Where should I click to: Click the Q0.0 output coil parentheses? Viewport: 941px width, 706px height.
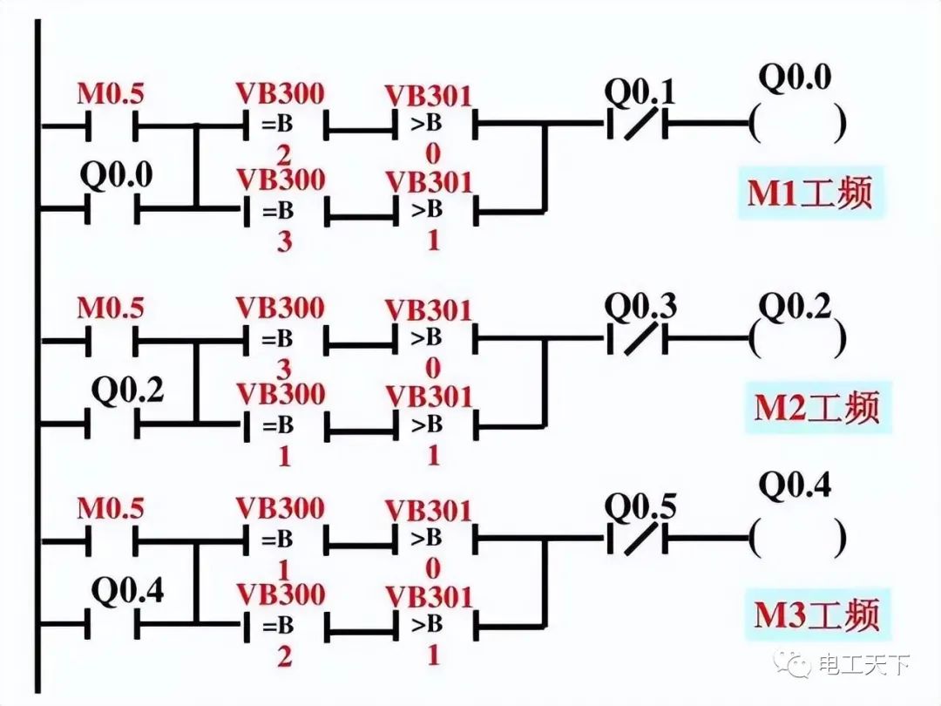(797, 125)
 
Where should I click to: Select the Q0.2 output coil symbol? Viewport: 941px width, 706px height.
(797, 338)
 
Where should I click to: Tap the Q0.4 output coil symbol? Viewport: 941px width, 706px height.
(797, 539)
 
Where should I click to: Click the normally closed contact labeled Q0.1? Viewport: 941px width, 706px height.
(634, 125)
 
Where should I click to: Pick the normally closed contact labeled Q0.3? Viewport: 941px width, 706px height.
(635, 338)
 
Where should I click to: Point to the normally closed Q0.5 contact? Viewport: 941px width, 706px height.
(635, 539)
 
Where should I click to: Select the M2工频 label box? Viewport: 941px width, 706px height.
(816, 406)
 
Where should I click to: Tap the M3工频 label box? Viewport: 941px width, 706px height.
(816, 613)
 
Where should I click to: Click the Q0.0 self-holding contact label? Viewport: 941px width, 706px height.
(116, 175)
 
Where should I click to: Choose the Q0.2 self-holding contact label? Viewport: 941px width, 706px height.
(128, 390)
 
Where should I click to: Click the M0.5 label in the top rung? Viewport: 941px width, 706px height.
(110, 93)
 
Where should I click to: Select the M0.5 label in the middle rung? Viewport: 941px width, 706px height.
(110, 308)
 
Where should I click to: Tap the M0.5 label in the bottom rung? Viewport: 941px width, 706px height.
(110, 507)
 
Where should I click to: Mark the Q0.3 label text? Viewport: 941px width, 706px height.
(640, 307)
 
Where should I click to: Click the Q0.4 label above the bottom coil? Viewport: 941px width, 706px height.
(795, 485)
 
